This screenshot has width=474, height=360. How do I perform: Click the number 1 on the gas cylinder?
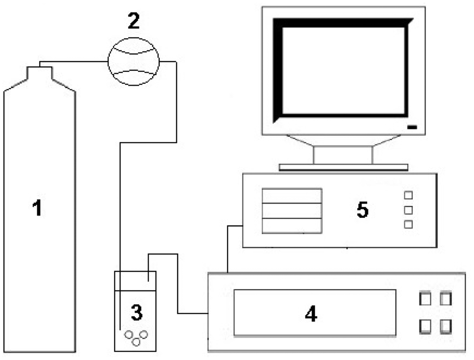point(37,208)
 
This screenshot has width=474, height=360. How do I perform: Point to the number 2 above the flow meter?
point(133,21)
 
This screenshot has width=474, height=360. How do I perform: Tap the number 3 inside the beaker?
point(136,313)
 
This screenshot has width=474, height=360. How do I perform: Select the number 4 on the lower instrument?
point(311,314)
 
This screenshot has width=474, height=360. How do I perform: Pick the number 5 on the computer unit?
point(362,209)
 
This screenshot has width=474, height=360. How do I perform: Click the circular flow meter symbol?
point(133,62)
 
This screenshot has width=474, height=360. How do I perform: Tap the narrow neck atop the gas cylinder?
point(39,73)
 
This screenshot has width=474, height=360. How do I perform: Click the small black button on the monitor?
point(412,127)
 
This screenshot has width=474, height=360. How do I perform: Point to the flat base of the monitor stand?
point(343,167)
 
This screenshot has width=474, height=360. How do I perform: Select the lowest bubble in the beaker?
point(137,342)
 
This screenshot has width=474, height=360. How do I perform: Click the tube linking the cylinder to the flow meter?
point(74,62)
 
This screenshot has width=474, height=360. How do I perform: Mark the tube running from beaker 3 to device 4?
point(178,287)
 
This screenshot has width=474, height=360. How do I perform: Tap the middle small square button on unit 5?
point(408,210)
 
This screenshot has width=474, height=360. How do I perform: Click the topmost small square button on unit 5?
point(408,195)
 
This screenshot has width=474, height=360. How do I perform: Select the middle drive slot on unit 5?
point(292,210)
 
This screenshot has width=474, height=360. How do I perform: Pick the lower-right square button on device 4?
point(445,326)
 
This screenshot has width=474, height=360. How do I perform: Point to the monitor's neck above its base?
point(343,154)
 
